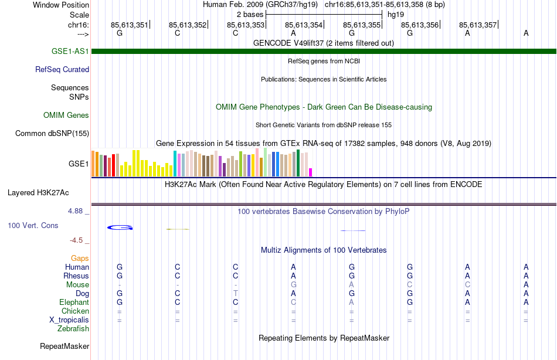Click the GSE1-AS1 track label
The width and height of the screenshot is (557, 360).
click(x=70, y=51)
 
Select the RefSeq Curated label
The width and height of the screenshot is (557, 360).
click(x=62, y=69)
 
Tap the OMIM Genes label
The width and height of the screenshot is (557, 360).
click(x=66, y=115)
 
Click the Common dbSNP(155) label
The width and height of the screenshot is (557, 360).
click(x=52, y=133)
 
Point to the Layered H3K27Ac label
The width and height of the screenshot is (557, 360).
click(x=38, y=192)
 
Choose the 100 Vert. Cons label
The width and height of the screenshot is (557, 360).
click(x=33, y=225)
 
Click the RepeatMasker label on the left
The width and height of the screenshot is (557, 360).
click(x=64, y=346)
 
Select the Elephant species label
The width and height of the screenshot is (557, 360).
click(x=74, y=302)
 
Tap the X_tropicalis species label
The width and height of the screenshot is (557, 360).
click(x=69, y=320)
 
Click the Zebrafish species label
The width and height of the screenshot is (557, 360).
click(x=73, y=328)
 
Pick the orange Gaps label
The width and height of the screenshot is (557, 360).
click(x=80, y=258)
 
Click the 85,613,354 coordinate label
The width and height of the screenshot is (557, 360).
click(x=304, y=25)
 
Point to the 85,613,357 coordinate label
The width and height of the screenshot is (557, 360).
click(x=478, y=25)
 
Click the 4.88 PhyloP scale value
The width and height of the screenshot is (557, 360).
click(x=76, y=210)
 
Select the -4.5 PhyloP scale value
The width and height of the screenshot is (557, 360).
click(x=77, y=240)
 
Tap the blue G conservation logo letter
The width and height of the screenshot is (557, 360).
click(x=120, y=227)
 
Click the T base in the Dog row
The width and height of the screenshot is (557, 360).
click(x=235, y=293)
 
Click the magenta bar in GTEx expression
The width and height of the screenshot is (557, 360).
click(x=310, y=172)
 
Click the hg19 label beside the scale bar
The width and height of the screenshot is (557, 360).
click(x=396, y=14)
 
